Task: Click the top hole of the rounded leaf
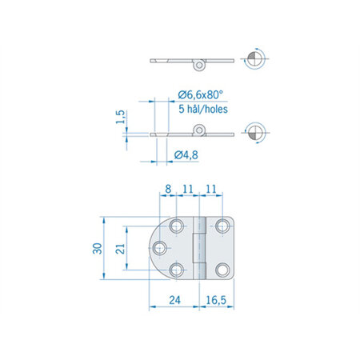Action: click(x=177, y=226)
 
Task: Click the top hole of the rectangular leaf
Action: click(x=222, y=226)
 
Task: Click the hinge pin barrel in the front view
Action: click(x=200, y=248)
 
